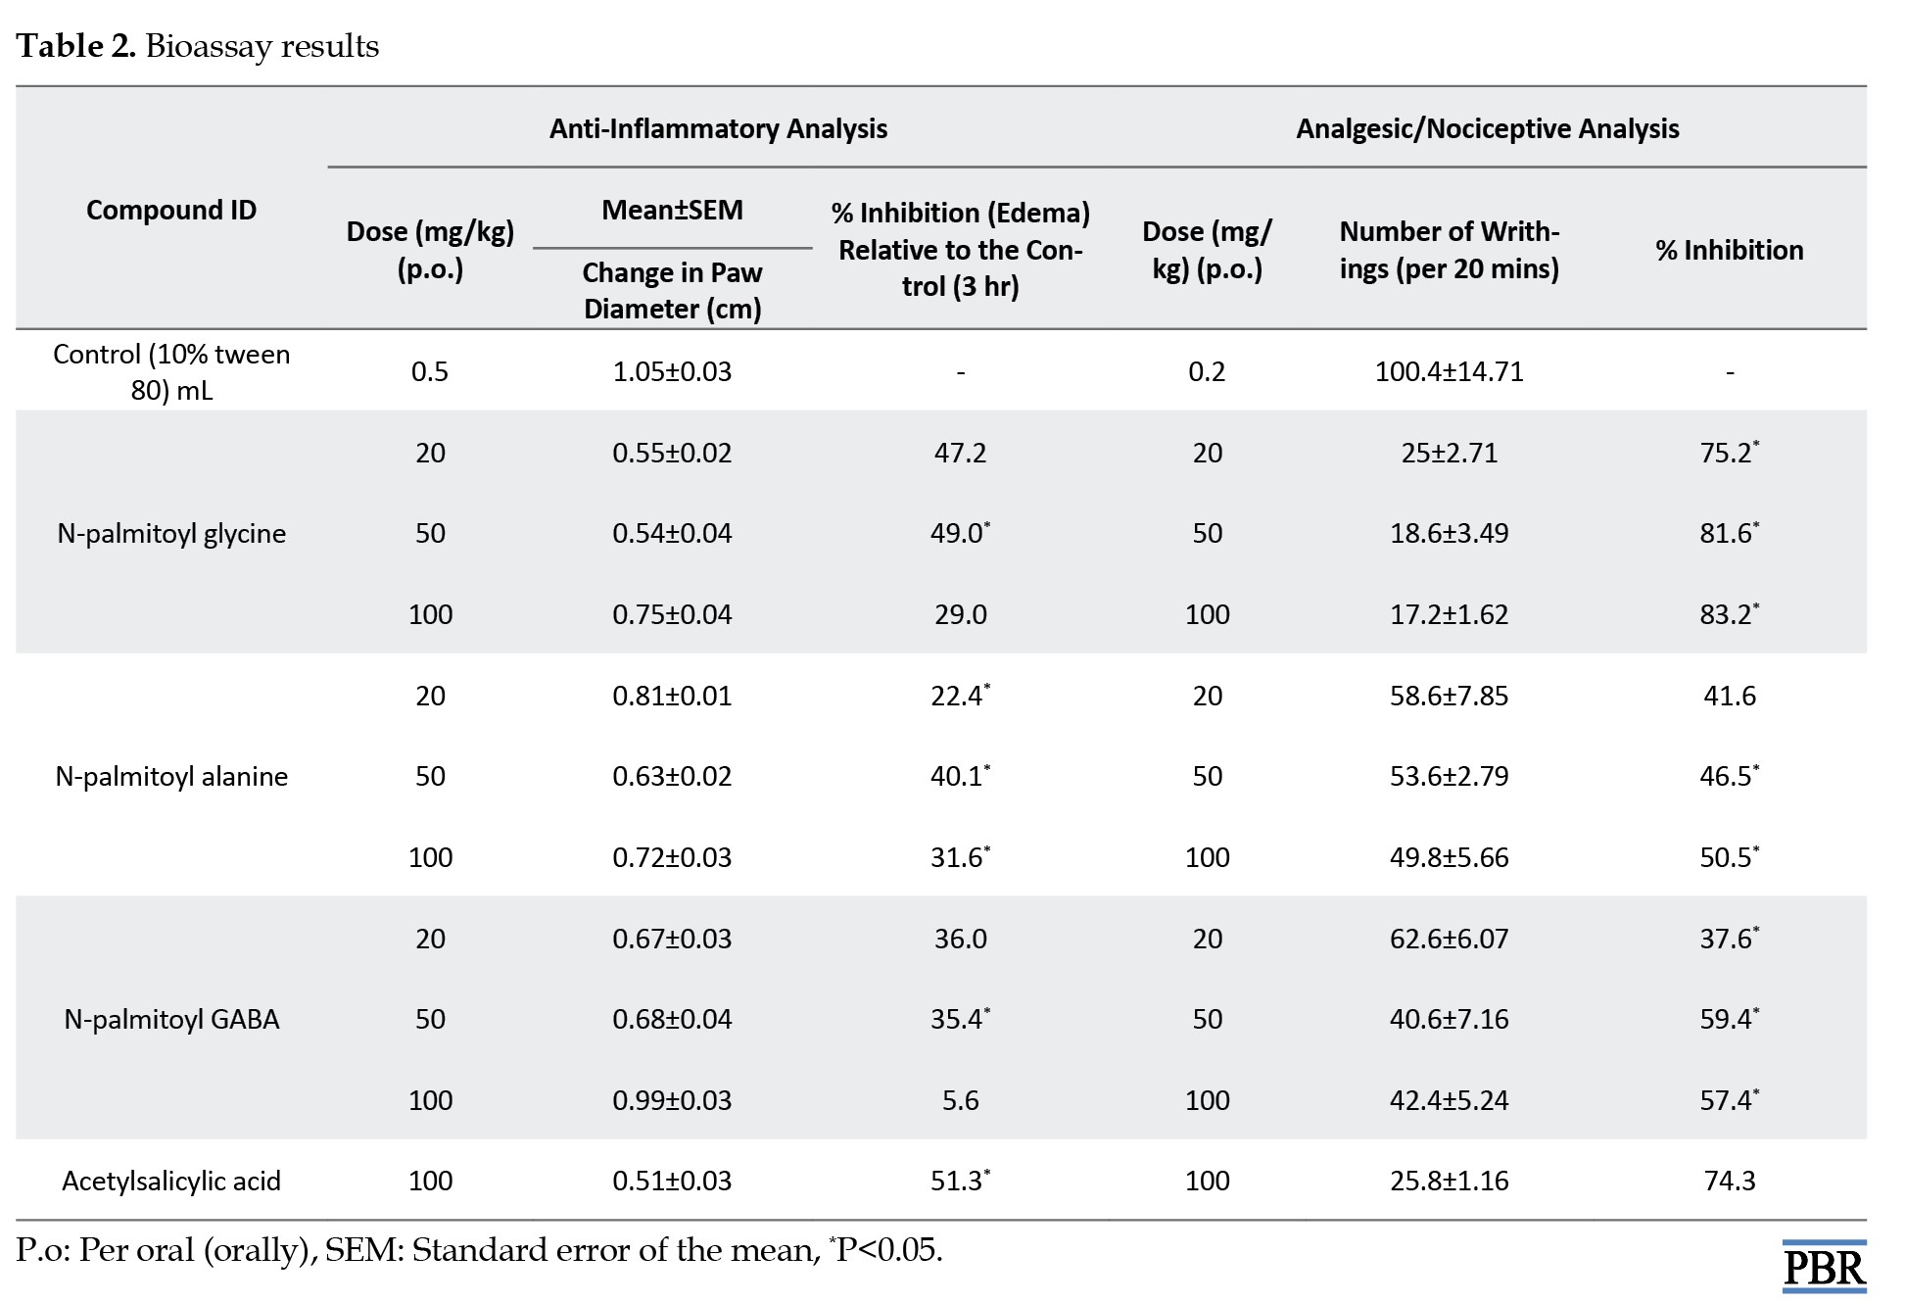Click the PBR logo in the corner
click(1824, 1266)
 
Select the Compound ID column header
click(171, 211)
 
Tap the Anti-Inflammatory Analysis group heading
click(718, 129)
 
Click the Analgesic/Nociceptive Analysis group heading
click(1487, 129)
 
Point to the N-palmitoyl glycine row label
click(171, 534)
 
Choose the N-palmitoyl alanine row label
click(171, 777)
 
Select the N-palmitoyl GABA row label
click(171, 1020)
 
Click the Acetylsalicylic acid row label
click(171, 1182)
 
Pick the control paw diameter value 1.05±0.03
click(672, 372)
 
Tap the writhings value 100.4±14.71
click(1449, 372)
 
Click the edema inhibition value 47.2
click(960, 453)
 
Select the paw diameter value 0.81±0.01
click(672, 696)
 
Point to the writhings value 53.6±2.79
click(1449, 777)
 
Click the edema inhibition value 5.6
click(960, 1100)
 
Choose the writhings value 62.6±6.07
click(1449, 939)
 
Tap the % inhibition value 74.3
click(1730, 1182)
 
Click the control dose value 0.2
click(1207, 372)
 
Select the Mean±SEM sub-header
click(672, 211)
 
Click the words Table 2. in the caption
click(75, 46)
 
